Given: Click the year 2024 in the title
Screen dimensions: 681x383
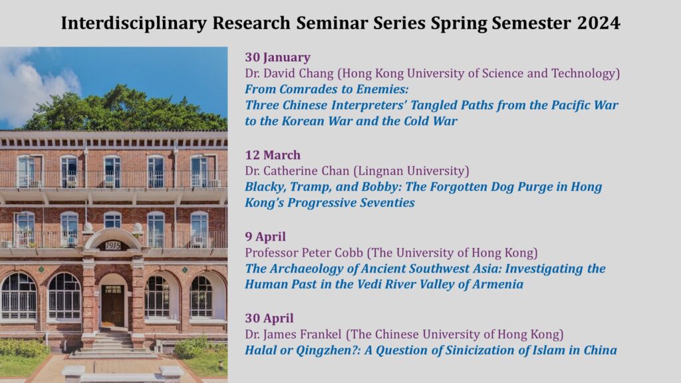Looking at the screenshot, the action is tap(599, 23).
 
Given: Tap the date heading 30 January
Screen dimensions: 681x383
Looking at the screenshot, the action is tap(277, 57).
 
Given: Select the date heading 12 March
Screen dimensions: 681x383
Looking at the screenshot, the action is tap(273, 155).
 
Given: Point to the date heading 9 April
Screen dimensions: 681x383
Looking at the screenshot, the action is tap(265, 237).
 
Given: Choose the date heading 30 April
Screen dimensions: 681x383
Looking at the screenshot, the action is tap(269, 319).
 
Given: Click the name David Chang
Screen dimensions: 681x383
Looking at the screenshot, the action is tap(299, 73).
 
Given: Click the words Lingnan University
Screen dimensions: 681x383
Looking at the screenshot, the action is tap(411, 171).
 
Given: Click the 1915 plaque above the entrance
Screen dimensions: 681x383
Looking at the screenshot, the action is tap(112, 246).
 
